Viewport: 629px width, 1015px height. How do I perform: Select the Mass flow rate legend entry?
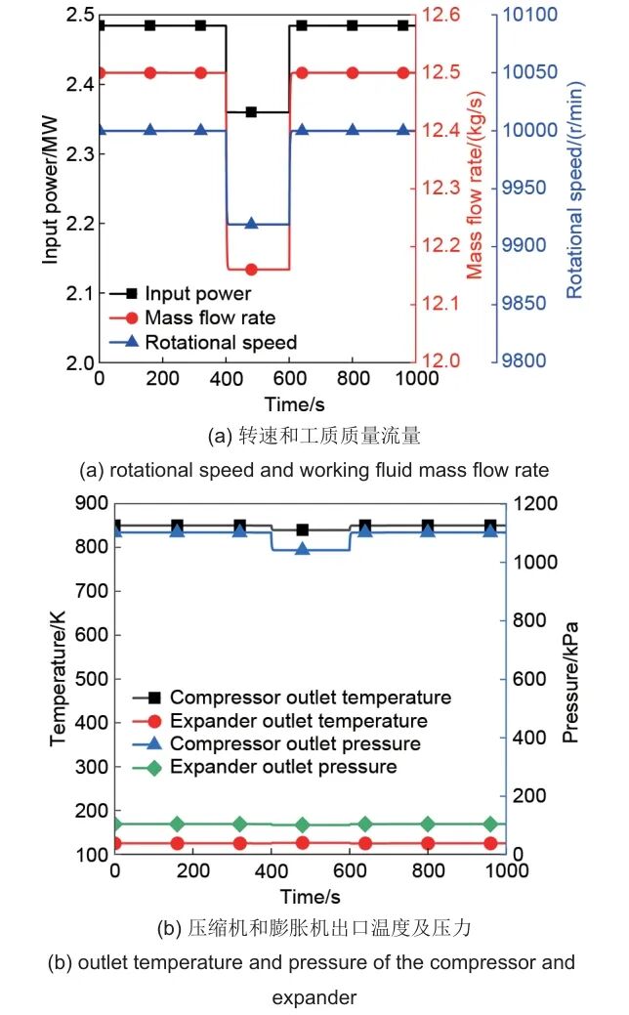(x=209, y=317)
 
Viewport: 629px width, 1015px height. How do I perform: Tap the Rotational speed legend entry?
(x=220, y=342)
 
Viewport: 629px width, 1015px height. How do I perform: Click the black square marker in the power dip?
(x=251, y=112)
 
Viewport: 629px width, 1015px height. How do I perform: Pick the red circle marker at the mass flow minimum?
(x=251, y=269)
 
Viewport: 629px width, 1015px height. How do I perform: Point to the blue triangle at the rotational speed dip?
(x=251, y=224)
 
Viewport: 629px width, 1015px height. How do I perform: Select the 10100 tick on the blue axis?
(x=529, y=16)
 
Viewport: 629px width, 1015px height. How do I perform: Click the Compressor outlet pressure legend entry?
(x=295, y=744)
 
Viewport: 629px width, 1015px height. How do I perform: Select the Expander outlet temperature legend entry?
(x=298, y=721)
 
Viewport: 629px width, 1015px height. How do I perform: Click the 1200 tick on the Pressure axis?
(x=533, y=504)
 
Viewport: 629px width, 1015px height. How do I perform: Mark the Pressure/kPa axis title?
(x=571, y=680)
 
